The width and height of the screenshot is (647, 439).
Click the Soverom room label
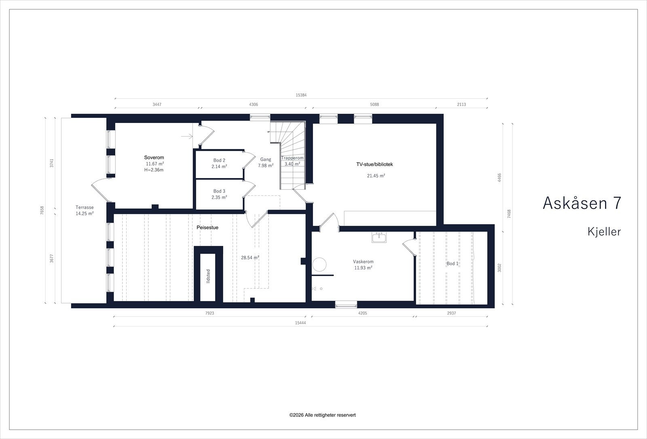[x=154, y=157]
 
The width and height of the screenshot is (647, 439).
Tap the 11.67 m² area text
[x=155, y=164]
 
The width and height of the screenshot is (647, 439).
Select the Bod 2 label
[x=219, y=160]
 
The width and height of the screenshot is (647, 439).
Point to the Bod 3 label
[x=219, y=191]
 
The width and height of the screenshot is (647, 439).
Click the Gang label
[x=266, y=159]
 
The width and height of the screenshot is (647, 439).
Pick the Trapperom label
[x=292, y=158]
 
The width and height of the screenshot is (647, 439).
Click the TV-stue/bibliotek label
[x=374, y=164]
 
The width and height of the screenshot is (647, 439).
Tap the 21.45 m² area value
[x=376, y=176]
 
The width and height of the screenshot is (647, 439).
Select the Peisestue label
[x=207, y=227]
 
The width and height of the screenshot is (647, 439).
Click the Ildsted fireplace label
[x=208, y=276]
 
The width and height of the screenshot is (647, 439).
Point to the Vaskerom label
[x=363, y=261]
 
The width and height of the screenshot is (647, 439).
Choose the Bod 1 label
[x=452, y=263]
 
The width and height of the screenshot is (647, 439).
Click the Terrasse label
[x=85, y=207]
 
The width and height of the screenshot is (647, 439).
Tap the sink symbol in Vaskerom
[x=379, y=237]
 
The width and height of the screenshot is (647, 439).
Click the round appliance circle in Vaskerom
[x=319, y=265]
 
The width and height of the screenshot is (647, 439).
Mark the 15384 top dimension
[x=301, y=95]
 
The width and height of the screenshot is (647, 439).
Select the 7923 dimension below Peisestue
[x=210, y=313]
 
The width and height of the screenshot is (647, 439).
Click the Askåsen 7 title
[x=582, y=203]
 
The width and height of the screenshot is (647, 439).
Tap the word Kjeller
[x=604, y=231]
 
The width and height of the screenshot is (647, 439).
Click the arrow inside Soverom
[x=187, y=136]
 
